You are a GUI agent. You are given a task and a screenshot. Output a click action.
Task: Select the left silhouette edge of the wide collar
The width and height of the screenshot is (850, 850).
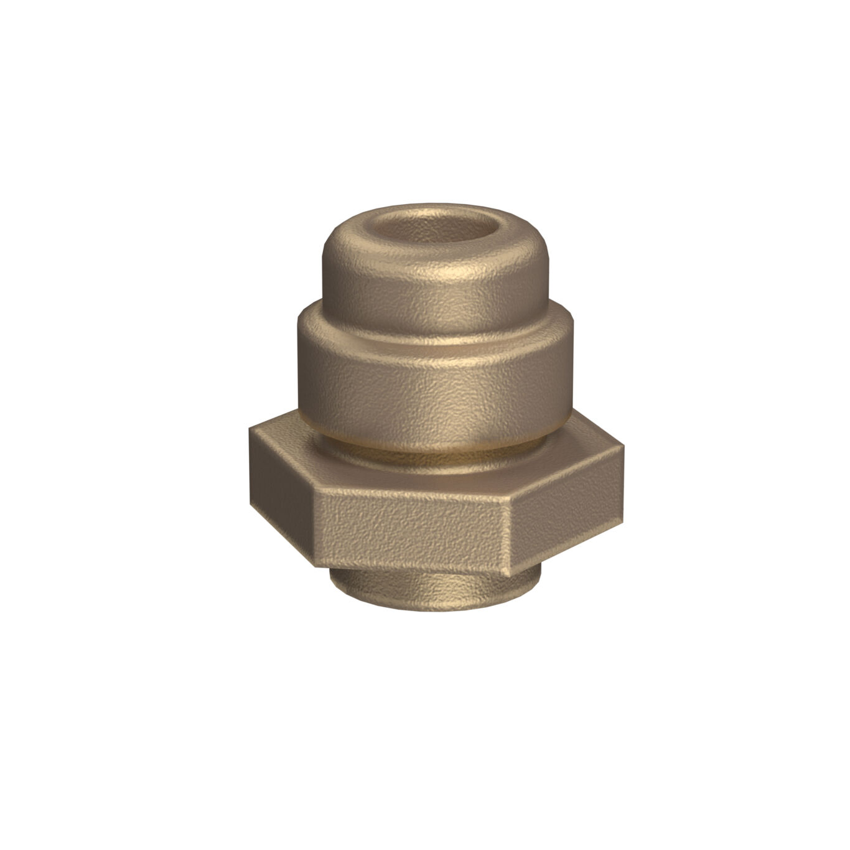298,367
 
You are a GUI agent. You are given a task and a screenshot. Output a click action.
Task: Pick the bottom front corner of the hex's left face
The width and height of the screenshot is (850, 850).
315,565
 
